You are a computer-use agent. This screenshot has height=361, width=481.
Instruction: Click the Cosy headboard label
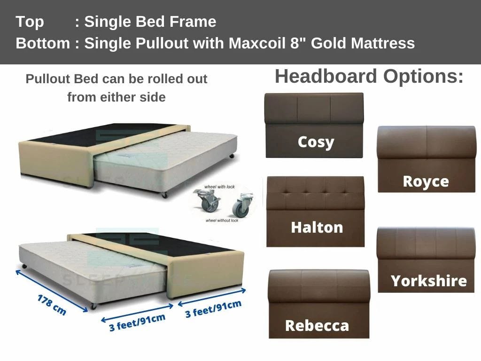coord(316,141)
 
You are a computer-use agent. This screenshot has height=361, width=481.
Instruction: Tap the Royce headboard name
coord(426,181)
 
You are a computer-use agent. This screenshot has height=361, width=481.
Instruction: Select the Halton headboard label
coord(317,228)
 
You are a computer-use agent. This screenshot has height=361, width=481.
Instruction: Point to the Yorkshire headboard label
coord(428,281)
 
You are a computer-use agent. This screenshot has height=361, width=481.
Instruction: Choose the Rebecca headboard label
coord(317,325)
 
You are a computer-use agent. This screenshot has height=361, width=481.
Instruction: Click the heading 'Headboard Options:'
coord(369,76)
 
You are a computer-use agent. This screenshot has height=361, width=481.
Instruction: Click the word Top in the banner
coord(30,22)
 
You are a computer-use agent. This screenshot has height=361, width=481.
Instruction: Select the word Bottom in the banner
coord(43,43)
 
